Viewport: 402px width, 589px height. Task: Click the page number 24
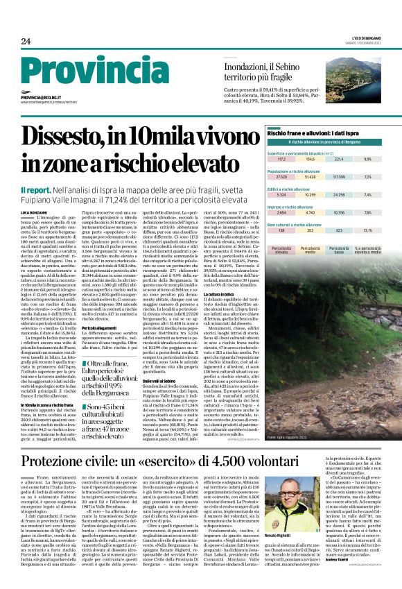pyautogui.click(x=26, y=41)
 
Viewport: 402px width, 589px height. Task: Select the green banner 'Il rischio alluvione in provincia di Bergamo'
pyautogui.click(x=324, y=142)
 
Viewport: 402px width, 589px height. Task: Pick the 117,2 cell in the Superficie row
pyautogui.click(x=272, y=159)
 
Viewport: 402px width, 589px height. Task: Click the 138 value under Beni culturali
pyautogui.click(x=272, y=230)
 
